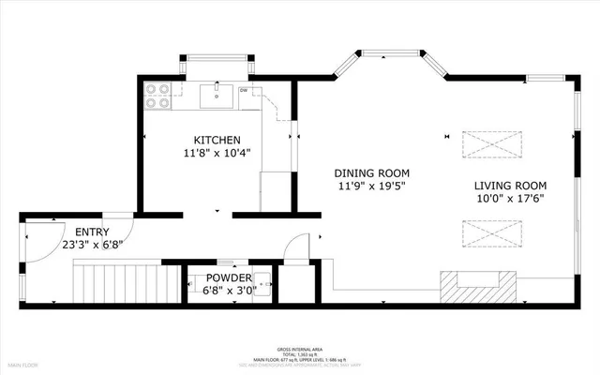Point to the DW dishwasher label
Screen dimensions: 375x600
[243, 90]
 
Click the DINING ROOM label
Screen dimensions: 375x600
[372, 172]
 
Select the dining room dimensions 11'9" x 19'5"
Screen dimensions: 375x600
[372, 186]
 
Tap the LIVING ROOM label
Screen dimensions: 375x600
[510, 185]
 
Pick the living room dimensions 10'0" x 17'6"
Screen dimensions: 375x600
[510, 198]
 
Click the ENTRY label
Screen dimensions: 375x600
[92, 232]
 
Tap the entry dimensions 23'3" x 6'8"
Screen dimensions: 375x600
[92, 245]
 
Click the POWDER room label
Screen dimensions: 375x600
[229, 277]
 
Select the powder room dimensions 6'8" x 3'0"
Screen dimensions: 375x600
[229, 291]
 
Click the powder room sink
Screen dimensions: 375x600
[263, 284]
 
